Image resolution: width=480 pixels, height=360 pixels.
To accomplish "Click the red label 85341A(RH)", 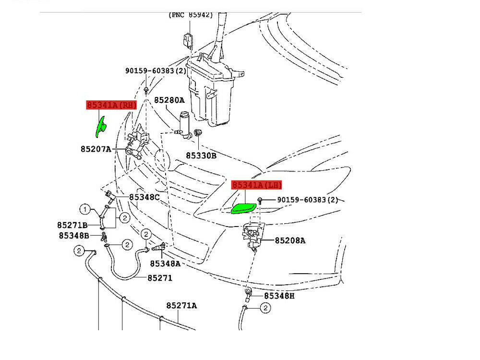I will [x=111, y=105].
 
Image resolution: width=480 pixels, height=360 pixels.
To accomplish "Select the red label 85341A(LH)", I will [x=257, y=185].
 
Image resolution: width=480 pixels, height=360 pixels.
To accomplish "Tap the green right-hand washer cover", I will [x=101, y=127].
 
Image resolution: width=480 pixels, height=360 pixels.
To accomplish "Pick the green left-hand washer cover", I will [x=243, y=208].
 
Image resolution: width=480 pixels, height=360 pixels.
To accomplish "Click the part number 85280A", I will [x=169, y=100].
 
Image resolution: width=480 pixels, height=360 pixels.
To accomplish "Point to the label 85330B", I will [x=201, y=155].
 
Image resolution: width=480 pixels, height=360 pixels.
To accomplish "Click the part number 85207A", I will [x=96, y=149].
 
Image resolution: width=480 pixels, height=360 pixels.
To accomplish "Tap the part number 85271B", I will [x=72, y=225].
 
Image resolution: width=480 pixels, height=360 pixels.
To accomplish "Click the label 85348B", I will [x=74, y=235].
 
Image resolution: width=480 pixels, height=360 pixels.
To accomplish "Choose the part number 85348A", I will [x=165, y=263].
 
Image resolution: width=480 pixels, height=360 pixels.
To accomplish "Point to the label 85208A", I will [x=290, y=240].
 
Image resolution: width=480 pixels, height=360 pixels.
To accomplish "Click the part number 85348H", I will [x=279, y=296].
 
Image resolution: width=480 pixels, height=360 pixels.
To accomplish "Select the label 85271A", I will [x=182, y=305].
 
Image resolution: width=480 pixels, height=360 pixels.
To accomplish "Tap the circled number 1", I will [x=85, y=209].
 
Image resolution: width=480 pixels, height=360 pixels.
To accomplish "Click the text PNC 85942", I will [x=191, y=15].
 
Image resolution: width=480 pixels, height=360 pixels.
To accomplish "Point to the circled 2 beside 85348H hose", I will [x=264, y=308].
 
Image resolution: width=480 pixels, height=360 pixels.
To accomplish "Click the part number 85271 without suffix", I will [x=160, y=278].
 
